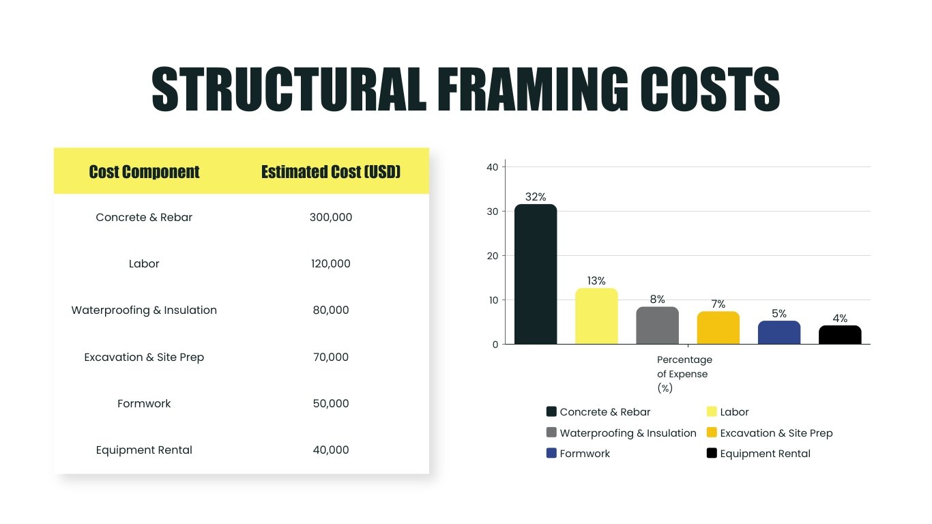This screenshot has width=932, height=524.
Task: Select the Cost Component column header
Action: pos(144,172)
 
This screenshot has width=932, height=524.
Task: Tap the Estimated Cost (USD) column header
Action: pos(331,172)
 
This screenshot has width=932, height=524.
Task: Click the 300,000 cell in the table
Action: pos(331,218)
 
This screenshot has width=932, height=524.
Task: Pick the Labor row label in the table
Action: pos(144,264)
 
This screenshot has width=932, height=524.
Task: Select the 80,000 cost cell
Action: pos(331,310)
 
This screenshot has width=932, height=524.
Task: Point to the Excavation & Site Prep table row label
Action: pos(144,358)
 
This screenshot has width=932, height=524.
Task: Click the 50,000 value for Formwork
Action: pos(331,404)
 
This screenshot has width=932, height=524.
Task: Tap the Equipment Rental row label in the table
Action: pos(144,450)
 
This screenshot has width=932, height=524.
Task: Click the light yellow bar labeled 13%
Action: pos(596,317)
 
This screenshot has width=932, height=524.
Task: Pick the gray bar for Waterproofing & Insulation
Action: pos(657,326)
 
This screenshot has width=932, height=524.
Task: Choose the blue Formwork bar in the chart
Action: pos(778,333)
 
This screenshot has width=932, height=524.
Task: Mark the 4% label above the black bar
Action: pos(840,319)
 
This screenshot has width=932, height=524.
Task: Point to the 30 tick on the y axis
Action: pos(492,212)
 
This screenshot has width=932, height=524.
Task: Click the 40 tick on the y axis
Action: pos(492,167)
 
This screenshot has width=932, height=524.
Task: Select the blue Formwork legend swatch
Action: pos(551,454)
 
